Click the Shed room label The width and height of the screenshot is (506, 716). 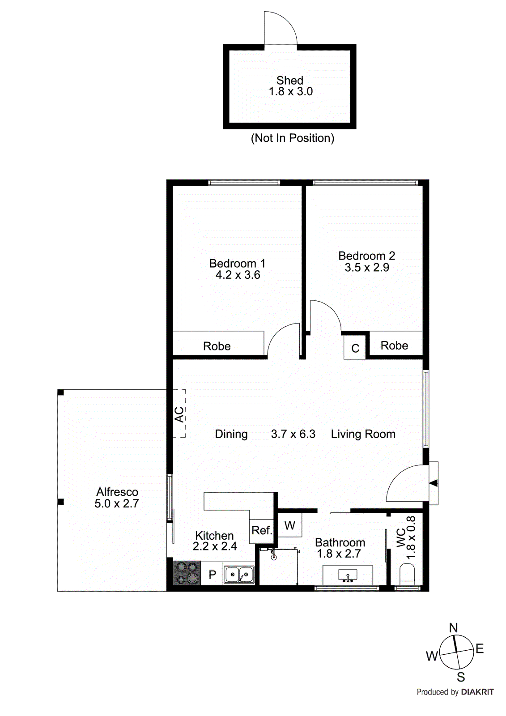coord(290,81)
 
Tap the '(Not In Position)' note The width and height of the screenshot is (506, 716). coord(293,138)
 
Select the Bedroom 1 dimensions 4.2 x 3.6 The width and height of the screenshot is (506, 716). coord(238,275)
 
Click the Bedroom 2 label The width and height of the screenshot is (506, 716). coord(366,256)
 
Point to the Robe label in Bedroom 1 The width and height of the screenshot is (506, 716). coord(217,346)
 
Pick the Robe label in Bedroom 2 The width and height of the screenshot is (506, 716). coord(394,345)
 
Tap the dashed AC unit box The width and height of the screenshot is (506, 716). coord(179,413)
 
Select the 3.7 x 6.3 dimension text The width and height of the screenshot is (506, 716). coord(293,434)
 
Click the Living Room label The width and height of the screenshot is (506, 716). coord(363,434)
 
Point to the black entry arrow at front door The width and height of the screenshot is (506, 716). coord(433,483)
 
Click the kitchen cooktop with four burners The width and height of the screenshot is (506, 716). coord(187,573)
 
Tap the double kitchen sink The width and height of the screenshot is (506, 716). coord(239,574)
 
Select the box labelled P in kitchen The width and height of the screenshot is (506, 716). coord(212,574)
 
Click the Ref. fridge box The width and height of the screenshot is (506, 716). coord(261,531)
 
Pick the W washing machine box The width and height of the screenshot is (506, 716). coord(290,525)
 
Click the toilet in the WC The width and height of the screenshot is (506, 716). coord(407,574)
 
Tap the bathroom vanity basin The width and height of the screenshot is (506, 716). coord(348,574)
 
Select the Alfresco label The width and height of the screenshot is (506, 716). coord(117,492)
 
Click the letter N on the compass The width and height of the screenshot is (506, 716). coord(453,628)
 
